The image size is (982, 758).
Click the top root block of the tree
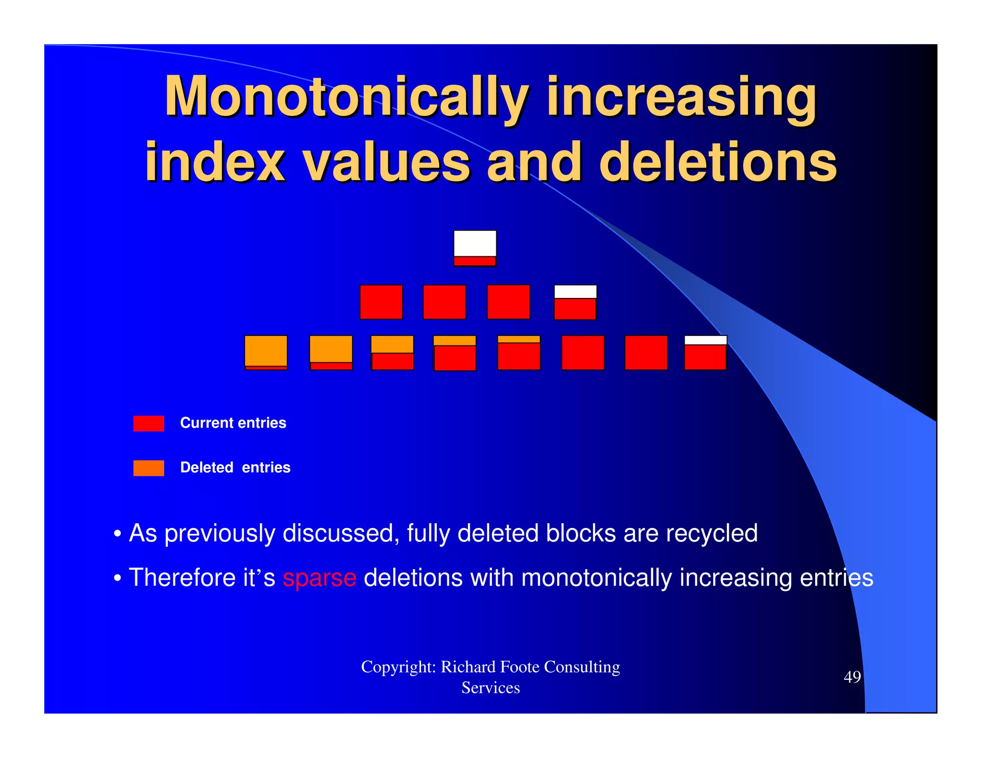coord(475,248)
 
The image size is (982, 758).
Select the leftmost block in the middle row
coord(381,302)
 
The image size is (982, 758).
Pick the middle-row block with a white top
coord(575,302)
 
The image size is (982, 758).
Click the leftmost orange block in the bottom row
coord(266,353)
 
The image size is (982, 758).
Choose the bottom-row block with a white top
coord(705,353)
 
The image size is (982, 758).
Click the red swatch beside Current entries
coord(149,424)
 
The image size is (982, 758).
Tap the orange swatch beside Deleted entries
coord(149,468)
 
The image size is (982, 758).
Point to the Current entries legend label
coord(233,423)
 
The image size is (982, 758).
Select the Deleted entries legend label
coord(235,468)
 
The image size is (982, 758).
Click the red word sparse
coord(319,577)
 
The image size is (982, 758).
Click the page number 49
coord(852,677)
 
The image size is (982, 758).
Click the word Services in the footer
coord(491,688)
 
